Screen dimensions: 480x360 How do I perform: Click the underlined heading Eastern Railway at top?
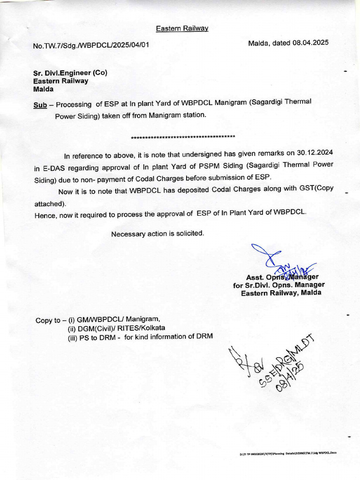pos(182,29)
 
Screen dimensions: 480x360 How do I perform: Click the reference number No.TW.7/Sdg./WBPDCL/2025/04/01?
pos(91,46)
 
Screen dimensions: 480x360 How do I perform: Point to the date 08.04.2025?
pos(311,43)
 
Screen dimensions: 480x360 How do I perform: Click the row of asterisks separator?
pos(183,137)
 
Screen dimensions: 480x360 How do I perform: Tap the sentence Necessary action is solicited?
pos(157,233)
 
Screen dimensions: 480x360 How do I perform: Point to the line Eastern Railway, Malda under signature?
pos(281,293)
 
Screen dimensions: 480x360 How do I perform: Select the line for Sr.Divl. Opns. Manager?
pos(278,285)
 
